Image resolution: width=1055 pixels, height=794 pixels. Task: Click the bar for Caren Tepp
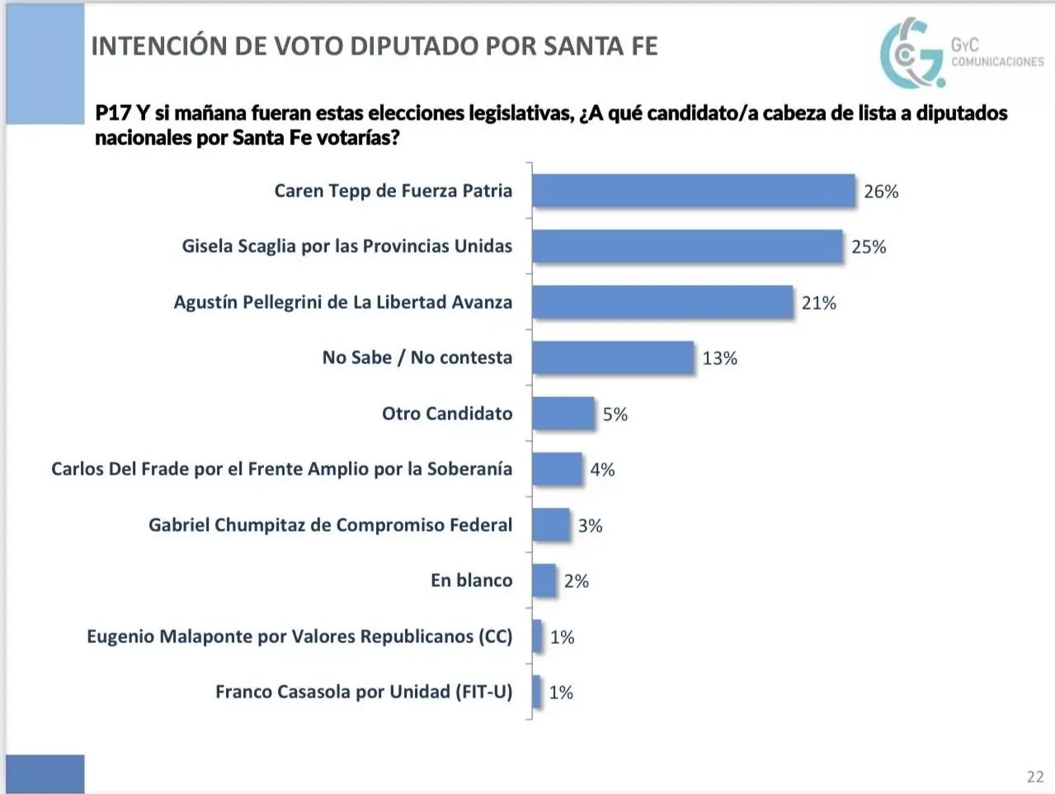coord(693,191)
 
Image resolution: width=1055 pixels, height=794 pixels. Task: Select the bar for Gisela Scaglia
coord(687,246)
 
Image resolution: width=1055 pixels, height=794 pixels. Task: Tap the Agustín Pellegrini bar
coord(662,302)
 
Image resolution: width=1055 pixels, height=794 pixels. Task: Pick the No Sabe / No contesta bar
coord(613,357)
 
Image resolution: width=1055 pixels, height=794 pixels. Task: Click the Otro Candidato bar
coord(563,414)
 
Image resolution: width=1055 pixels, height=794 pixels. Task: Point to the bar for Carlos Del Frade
coord(557,469)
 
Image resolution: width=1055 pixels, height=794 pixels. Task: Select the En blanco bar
coord(544,580)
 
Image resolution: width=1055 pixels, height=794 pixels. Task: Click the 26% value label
coord(881,191)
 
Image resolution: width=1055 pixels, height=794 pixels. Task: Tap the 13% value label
coord(719,358)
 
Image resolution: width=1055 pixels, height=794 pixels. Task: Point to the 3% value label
coord(590,526)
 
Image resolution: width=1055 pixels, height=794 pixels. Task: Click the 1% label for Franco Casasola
coord(561,692)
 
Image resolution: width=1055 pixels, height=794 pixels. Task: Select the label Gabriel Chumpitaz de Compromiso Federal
coord(330,525)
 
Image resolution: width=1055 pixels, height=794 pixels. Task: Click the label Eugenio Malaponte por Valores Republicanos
coord(299,636)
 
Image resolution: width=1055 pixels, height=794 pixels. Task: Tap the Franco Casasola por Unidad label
coord(364,692)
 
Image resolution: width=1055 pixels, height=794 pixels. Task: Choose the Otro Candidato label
coord(446,414)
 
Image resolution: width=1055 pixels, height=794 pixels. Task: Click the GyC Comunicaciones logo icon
coord(911,53)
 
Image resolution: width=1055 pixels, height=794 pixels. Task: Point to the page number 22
coord(1035,777)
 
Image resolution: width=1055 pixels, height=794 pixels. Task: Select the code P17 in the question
coord(113,113)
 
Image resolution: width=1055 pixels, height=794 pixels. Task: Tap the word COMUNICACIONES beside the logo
coord(997,62)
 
